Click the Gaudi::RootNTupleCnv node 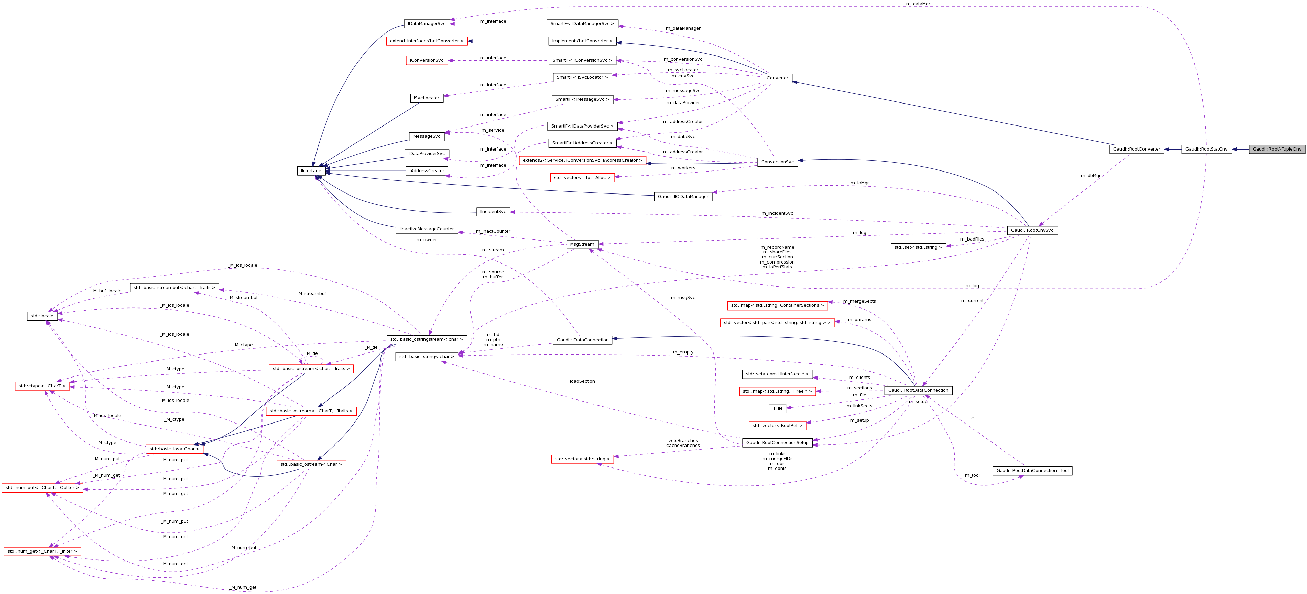[1277, 149]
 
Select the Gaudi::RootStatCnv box [1206, 149]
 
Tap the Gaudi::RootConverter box [1136, 149]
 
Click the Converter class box [777, 78]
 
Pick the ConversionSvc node [777, 162]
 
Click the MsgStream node [582, 244]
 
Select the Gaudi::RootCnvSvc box [1032, 230]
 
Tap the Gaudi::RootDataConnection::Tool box [1032, 470]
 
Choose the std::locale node [42, 316]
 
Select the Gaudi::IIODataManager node [683, 197]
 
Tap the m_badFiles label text [972, 239]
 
